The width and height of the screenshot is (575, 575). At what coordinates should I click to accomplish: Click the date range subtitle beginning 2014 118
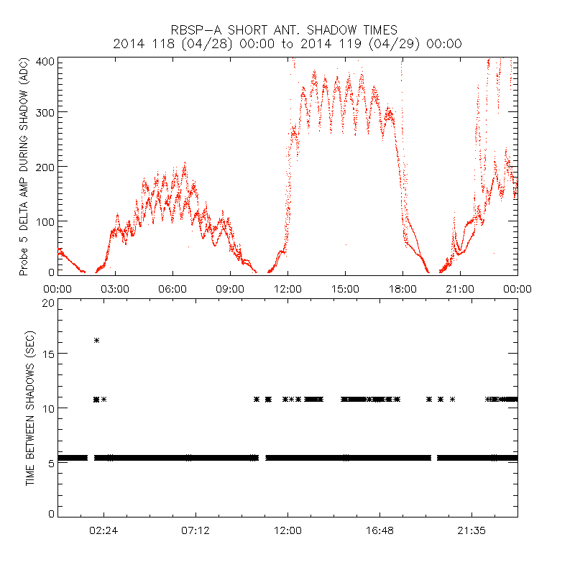coord(287,44)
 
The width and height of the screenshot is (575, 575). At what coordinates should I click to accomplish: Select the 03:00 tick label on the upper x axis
coord(115,289)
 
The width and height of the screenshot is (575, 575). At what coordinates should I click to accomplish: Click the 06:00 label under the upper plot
coord(172,289)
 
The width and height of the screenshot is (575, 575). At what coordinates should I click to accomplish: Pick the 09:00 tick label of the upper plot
coord(230,289)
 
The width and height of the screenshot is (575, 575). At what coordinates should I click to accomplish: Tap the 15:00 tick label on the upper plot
coord(345,289)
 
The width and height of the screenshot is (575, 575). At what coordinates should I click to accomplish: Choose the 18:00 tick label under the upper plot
coord(402,289)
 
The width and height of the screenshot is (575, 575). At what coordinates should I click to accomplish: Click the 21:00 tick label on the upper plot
coord(460,289)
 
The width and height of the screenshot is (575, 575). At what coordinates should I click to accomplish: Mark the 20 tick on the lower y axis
coord(48,303)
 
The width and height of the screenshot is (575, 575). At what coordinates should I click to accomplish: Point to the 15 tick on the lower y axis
coord(48,354)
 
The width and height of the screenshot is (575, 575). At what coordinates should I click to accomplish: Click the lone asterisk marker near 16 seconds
coord(96,340)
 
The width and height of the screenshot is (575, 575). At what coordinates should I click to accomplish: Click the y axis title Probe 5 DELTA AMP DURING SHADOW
coord(24,167)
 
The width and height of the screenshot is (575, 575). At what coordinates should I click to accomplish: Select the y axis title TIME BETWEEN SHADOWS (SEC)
coord(30,409)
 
